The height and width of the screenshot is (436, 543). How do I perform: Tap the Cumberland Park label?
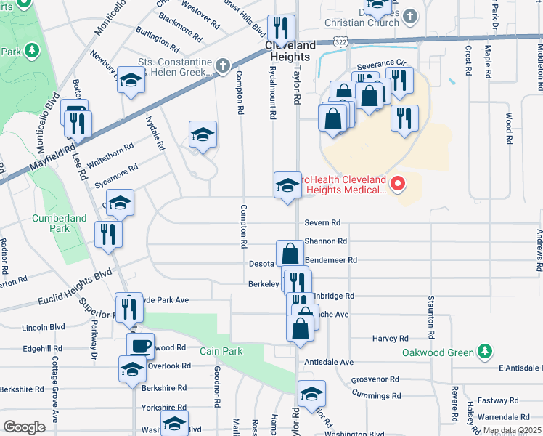click(64, 223)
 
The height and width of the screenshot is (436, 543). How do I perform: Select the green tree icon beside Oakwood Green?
click(485, 353)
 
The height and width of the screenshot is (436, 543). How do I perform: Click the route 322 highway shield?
click(340, 44)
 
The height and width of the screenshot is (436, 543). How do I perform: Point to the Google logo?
click(24, 427)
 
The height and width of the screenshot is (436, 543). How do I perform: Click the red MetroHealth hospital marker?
click(398, 185)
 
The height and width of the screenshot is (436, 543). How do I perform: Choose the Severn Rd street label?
click(323, 222)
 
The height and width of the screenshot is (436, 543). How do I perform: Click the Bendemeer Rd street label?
click(332, 259)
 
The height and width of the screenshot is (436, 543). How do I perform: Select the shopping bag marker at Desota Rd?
click(290, 254)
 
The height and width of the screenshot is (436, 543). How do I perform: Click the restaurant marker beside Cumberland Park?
click(108, 234)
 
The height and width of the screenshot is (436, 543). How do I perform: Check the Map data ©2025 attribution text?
click(512, 430)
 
